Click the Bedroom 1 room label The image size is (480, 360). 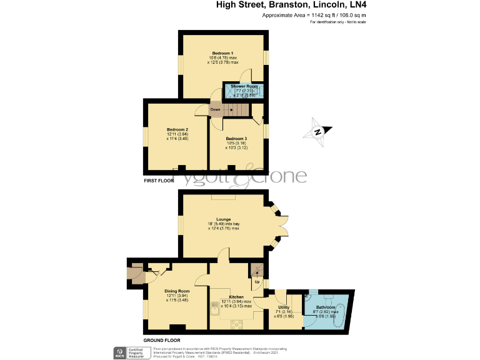point(222,53)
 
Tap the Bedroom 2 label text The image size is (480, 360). point(160,129)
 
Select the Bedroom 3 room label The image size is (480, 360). point(236,138)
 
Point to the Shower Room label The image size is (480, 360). point(244,86)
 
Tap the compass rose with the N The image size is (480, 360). point(317,131)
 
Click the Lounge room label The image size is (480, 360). point(224,219)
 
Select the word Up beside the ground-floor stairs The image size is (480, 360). point(256,281)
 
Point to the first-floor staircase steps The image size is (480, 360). point(237,110)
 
